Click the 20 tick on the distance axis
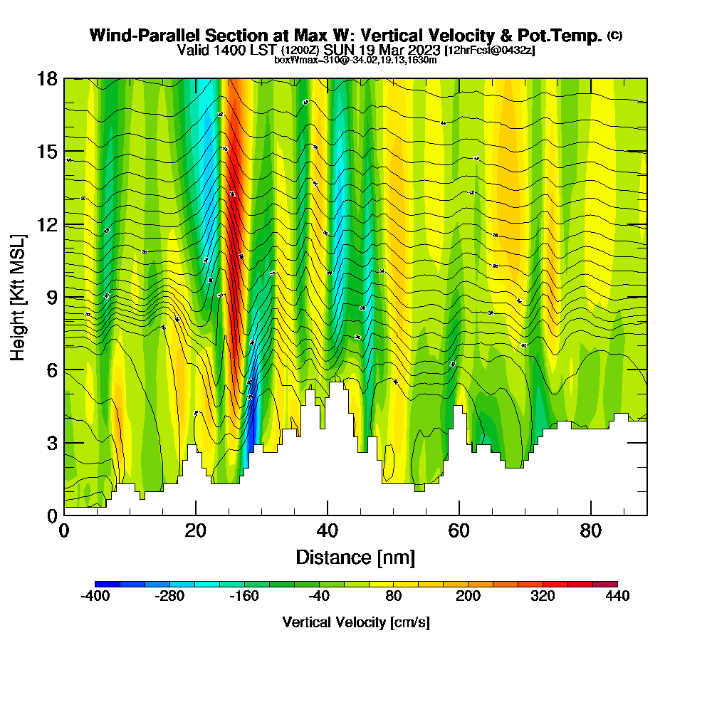coord(196,530)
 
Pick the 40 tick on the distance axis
coord(328,530)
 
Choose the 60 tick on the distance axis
coord(459,530)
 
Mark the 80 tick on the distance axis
coord(591,530)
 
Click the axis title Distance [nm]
coord(355,557)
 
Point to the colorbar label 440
coord(617,597)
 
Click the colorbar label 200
coord(468,597)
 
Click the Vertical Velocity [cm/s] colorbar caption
coord(356,622)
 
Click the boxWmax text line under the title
coord(355,60)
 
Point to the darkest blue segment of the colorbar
coord(108,584)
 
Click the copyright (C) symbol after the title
coord(614,36)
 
